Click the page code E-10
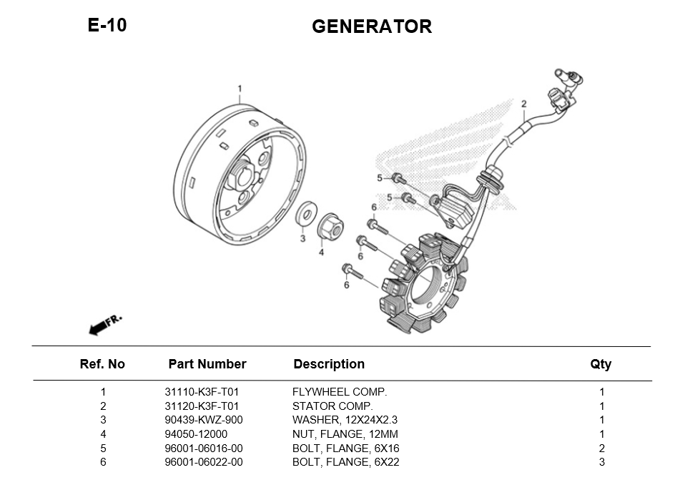click(x=107, y=25)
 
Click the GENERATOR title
click(x=371, y=26)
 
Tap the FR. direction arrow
click(x=104, y=324)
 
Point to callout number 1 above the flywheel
click(x=240, y=89)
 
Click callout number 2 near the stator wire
click(x=523, y=104)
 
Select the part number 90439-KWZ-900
click(x=204, y=420)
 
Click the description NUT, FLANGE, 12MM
click(x=345, y=434)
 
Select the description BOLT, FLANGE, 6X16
click(x=345, y=449)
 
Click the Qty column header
click(x=601, y=364)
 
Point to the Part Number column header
click(x=207, y=364)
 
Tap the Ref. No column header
click(x=102, y=364)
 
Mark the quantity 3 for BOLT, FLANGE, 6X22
click(x=602, y=462)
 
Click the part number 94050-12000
click(x=196, y=434)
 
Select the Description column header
click(x=329, y=364)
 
